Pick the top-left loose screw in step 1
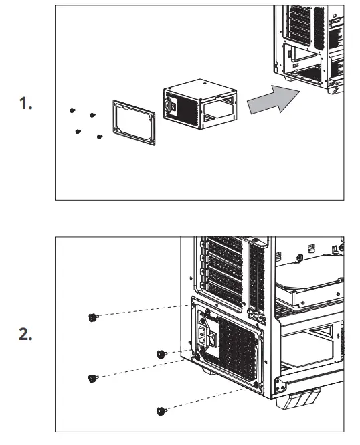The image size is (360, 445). point(72,109)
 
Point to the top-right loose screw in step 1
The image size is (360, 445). point(92,116)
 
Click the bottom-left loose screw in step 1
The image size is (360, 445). point(79,130)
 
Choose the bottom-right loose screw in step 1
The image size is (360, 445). point(99,137)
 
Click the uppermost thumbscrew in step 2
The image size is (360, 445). point(92,317)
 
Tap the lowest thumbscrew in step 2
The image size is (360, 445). point(160,410)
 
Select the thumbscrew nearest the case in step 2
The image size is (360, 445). point(161,353)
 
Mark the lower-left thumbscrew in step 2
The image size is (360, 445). point(92,379)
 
